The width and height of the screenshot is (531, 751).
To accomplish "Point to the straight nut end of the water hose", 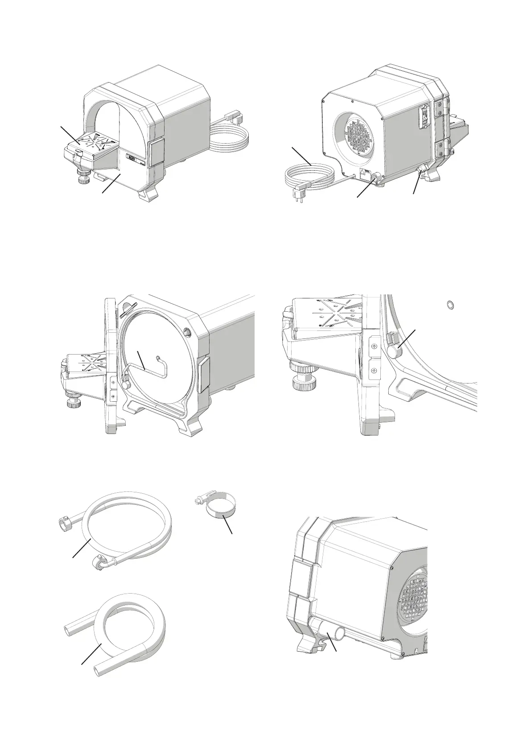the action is click(x=64, y=521).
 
